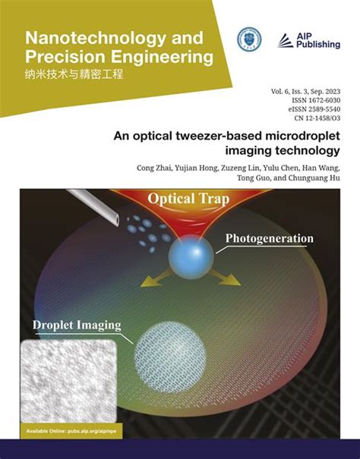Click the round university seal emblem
248,40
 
